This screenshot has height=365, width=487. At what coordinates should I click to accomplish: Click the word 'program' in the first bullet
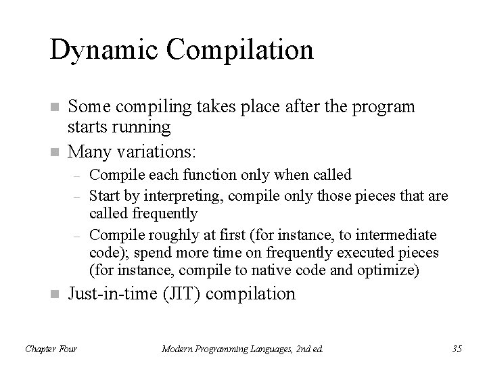[386, 107]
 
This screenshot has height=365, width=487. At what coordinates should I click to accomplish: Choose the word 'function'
[191, 175]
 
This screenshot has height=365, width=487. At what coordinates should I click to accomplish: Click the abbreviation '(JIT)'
[186, 294]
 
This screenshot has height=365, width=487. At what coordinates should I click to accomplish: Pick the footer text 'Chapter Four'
[51, 349]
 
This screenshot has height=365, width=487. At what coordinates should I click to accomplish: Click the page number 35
[456, 349]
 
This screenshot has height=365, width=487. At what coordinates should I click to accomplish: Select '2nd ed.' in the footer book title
[308, 349]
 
